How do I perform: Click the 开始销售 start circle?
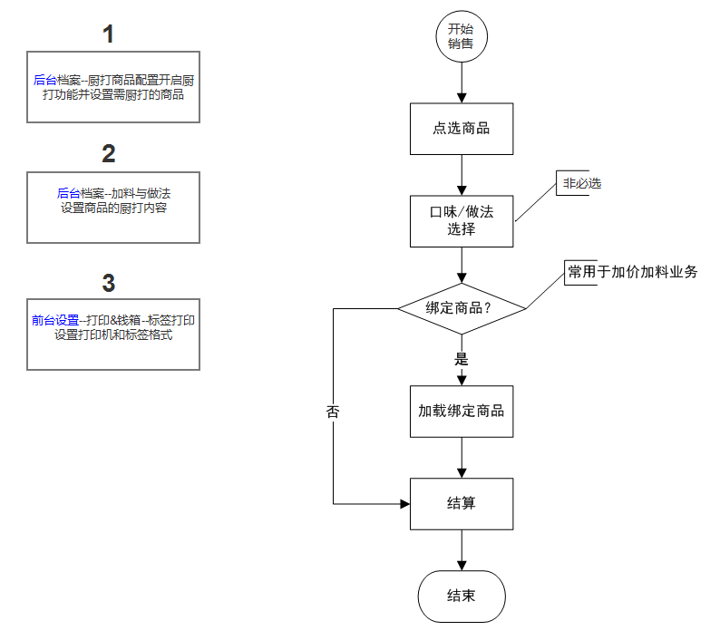coord(462,37)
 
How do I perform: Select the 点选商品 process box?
coord(462,129)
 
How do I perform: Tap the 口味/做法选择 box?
coord(462,220)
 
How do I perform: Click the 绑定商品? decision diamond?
coord(462,308)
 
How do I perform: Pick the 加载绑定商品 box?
coord(462,410)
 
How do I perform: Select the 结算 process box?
coord(462,503)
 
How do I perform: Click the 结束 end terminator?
coord(462,596)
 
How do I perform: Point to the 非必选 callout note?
coord(581,184)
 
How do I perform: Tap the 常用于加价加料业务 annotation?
coord(632,272)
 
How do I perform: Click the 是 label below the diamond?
coord(461,359)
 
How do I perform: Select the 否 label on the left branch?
coord(333,411)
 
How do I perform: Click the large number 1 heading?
coord(109,35)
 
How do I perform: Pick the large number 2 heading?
coord(109,153)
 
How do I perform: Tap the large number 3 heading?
coord(109,283)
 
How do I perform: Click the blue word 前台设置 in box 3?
coord(55,320)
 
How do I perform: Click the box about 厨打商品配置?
coord(113,87)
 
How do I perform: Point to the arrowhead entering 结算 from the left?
coord(404,503)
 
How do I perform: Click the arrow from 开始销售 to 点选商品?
coord(462,82)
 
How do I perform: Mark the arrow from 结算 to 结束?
coord(462,550)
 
